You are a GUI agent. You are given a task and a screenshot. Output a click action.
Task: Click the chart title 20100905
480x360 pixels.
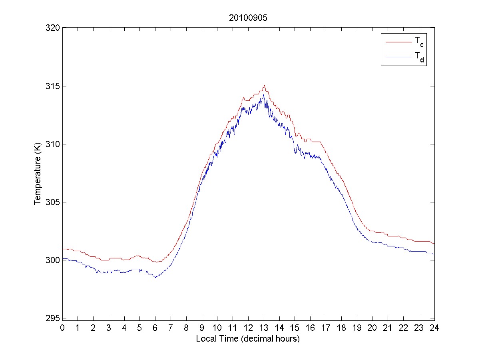coord(248,18)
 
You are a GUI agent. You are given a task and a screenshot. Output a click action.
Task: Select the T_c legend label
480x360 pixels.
coord(418,41)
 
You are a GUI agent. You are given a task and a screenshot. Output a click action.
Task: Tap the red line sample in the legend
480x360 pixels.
coord(398,42)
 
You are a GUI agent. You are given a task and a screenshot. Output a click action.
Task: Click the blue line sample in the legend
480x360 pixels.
coord(398,58)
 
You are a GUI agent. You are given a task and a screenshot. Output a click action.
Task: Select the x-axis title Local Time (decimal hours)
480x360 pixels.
coord(248,339)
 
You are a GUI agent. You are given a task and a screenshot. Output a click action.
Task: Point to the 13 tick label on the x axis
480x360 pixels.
coord(264,328)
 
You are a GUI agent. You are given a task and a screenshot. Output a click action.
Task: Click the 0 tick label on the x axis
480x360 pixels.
coord(62,328)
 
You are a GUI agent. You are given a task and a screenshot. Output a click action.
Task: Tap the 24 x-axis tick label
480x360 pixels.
coord(434,328)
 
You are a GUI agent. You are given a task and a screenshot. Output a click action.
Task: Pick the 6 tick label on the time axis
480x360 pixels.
coord(155,328)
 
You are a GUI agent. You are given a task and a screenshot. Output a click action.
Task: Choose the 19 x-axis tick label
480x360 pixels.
coord(357,328)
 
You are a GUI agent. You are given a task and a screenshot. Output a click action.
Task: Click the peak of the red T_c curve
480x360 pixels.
coord(264,85)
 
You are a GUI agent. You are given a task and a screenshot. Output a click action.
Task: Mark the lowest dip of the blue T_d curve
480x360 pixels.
coord(155,277)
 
